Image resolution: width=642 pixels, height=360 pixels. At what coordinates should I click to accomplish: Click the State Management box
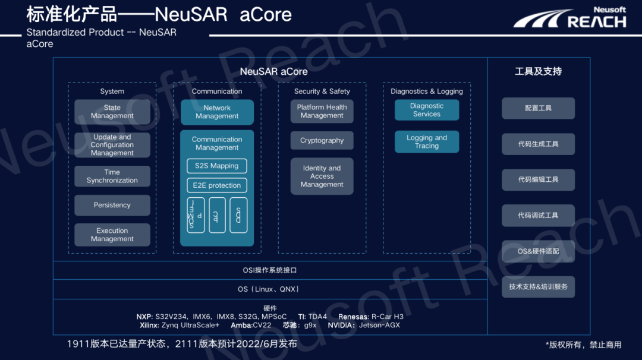tap(112, 112)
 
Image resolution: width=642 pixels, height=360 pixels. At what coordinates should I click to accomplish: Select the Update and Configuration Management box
tap(112, 145)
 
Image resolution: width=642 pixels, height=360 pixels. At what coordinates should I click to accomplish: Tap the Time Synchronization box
tap(112, 176)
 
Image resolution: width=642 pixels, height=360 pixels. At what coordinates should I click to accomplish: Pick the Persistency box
tap(112, 205)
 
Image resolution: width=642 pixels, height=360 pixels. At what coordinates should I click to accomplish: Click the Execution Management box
tap(112, 235)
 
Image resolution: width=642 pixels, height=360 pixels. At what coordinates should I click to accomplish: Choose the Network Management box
tap(217, 112)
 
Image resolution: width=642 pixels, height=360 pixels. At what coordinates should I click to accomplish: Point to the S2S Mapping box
tap(216, 166)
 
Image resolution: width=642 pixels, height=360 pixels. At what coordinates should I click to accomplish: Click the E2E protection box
tap(216, 185)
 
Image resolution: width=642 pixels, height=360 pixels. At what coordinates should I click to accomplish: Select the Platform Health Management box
tap(322, 112)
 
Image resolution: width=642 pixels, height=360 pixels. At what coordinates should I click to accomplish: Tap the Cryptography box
tap(322, 141)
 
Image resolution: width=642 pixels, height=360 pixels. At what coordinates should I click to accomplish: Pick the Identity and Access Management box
tap(322, 176)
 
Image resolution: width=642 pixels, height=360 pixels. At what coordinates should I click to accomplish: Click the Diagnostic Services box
tap(427, 110)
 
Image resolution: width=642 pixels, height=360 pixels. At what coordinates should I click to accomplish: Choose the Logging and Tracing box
tap(427, 142)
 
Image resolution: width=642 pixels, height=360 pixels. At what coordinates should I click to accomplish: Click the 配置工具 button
tap(538, 109)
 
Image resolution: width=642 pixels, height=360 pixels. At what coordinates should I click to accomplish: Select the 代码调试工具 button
tap(538, 216)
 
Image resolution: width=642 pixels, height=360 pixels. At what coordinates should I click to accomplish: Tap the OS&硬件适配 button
tap(538, 251)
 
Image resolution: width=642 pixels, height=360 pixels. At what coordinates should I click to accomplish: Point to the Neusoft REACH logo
tap(570, 18)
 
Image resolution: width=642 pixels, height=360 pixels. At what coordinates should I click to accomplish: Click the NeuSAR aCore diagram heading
tap(273, 72)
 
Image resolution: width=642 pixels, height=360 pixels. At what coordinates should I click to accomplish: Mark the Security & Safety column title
tap(322, 91)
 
